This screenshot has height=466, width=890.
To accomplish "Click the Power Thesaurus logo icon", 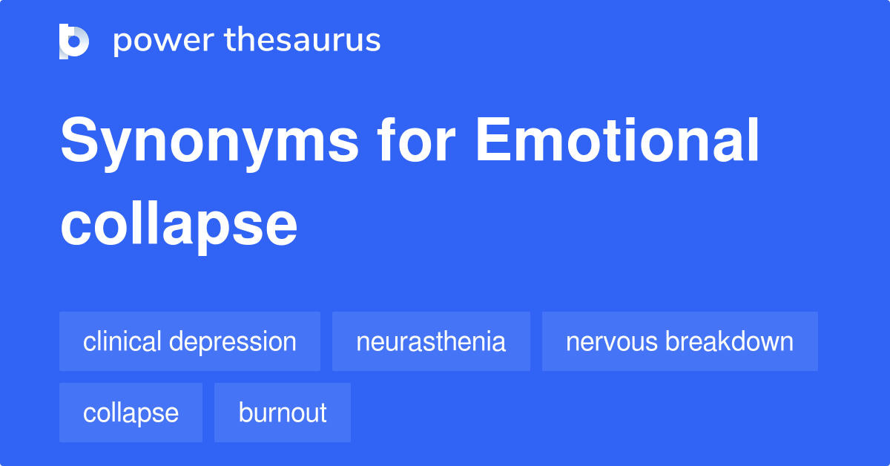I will [74, 41].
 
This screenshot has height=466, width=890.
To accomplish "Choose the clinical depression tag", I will [190, 341].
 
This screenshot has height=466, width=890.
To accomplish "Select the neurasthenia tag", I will [431, 341].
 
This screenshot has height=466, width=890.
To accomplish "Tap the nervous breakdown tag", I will [679, 341].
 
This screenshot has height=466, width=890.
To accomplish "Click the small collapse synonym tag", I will [131, 413].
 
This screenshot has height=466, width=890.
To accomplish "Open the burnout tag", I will [283, 413].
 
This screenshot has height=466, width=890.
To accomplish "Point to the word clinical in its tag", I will [122, 341].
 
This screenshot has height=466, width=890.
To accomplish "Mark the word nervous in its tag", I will [612, 342].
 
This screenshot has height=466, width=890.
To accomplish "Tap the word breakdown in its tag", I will [730, 341].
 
